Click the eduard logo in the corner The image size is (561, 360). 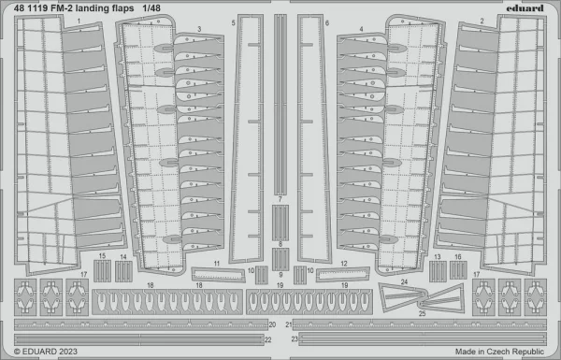[x=525, y=7]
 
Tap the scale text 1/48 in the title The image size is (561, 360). [x=151, y=7]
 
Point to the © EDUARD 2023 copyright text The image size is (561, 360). [x=46, y=352]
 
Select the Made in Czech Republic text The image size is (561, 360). [x=499, y=352]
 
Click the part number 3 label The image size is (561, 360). [x=199, y=29]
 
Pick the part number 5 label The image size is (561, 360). [x=233, y=23]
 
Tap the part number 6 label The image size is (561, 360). [x=327, y=23]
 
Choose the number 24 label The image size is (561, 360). [x=404, y=282]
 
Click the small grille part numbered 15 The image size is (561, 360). [x=102, y=271]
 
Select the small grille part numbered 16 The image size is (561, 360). [x=458, y=270]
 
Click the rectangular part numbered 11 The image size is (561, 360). [x=218, y=275]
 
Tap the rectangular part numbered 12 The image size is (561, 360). [x=343, y=274]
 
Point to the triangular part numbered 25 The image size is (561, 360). [x=443, y=299]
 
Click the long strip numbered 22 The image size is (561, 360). [x=138, y=339]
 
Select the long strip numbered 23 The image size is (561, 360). [x=423, y=338]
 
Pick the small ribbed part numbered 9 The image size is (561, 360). [x=280, y=259]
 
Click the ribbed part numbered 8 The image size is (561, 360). [x=280, y=223]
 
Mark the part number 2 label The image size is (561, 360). [x=482, y=22]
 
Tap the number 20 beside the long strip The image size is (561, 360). [x=272, y=324]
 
